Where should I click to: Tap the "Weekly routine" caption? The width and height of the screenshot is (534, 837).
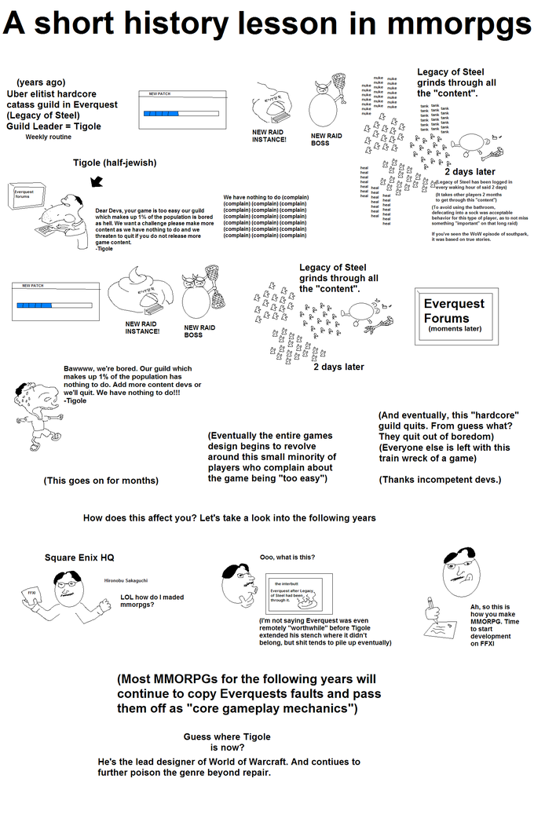[48, 137]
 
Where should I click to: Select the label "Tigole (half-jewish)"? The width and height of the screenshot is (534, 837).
[115, 163]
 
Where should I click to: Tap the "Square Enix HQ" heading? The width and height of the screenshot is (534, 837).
[79, 557]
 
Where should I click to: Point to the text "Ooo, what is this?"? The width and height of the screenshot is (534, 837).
[287, 557]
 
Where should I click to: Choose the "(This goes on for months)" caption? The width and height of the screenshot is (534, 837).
[101, 481]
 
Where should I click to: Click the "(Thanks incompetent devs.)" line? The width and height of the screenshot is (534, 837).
[440, 479]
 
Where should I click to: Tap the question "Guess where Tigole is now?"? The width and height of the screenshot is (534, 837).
[227, 742]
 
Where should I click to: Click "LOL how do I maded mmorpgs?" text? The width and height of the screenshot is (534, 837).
[152, 601]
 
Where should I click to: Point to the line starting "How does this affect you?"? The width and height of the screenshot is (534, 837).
[229, 518]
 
